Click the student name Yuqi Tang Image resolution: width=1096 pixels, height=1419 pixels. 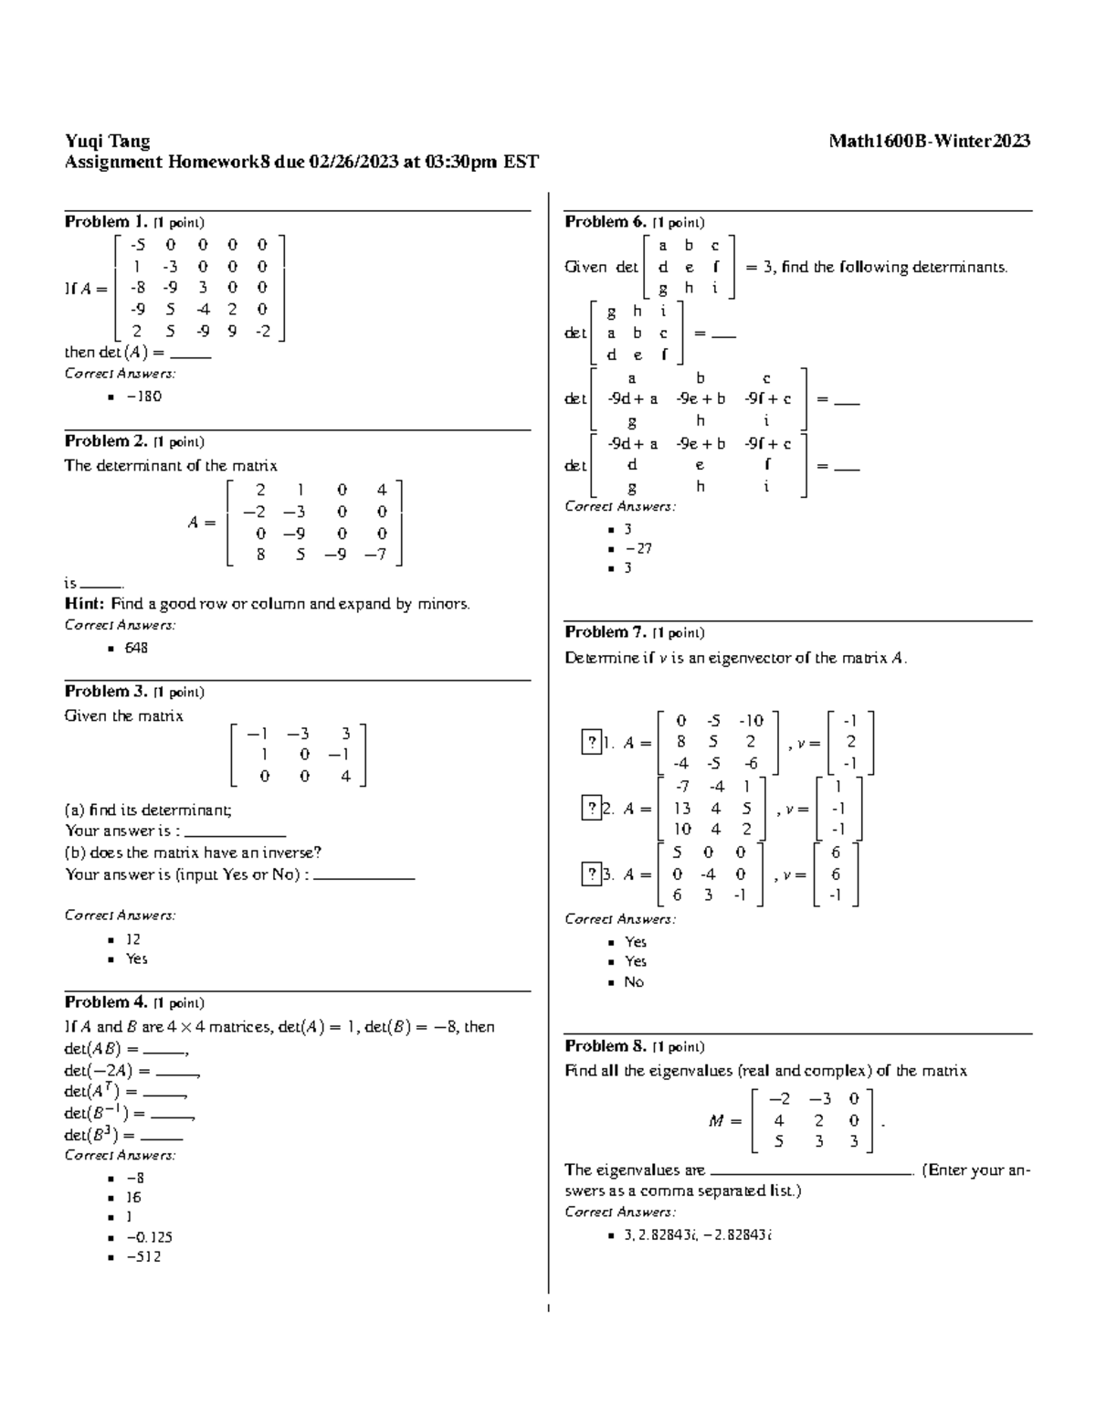(x=107, y=141)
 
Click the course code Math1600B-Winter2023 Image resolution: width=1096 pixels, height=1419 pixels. (x=929, y=141)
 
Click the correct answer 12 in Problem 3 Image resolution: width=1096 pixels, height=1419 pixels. (x=133, y=939)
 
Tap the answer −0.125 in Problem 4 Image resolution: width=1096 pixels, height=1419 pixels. (x=149, y=1237)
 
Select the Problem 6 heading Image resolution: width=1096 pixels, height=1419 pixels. (x=606, y=222)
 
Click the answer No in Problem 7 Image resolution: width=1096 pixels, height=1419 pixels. (x=634, y=982)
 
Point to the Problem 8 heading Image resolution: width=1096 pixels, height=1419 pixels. (x=606, y=1046)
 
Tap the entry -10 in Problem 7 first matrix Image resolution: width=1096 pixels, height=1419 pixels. (x=751, y=721)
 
